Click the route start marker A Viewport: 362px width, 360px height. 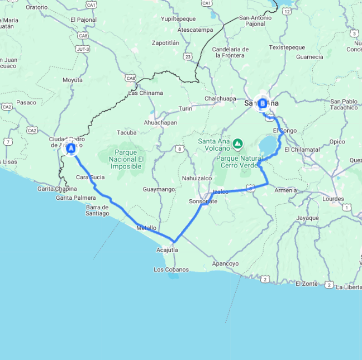(x=71, y=148)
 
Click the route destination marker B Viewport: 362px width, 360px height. (x=263, y=103)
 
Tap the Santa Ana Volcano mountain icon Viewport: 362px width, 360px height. (x=238, y=144)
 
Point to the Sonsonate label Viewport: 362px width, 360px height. (x=203, y=201)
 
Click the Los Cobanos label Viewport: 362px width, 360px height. (x=171, y=270)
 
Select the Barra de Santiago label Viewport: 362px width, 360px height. (x=97, y=210)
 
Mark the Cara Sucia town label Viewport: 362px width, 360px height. (x=90, y=177)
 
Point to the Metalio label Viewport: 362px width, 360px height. (x=146, y=228)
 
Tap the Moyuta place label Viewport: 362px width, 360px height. (x=72, y=80)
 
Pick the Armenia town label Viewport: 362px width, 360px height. (x=285, y=190)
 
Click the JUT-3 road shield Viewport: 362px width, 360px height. (x=83, y=49)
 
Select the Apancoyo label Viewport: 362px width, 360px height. (x=225, y=263)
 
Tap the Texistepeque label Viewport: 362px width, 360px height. (x=287, y=47)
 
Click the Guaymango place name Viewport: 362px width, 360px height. (x=159, y=190)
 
